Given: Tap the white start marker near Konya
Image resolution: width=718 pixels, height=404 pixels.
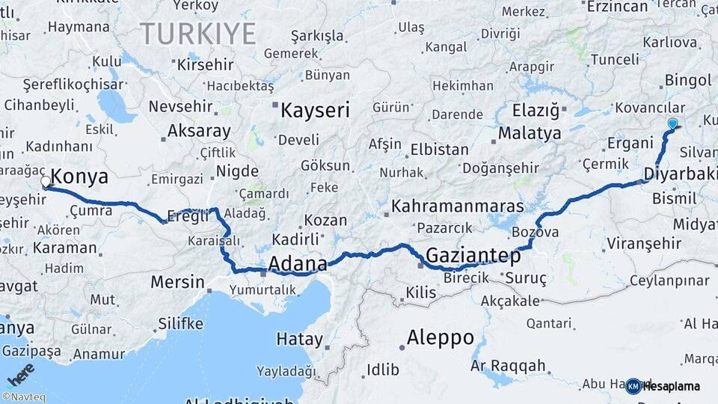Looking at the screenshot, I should pyautogui.click(x=46, y=181).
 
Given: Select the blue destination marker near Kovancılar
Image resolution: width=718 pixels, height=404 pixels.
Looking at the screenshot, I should pyautogui.click(x=672, y=123).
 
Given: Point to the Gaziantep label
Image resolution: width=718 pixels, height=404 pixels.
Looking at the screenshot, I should pyautogui.click(x=473, y=256).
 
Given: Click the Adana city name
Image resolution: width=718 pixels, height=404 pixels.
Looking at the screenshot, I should pyautogui.click(x=297, y=263).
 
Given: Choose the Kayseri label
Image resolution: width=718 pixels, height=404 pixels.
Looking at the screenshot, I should pyautogui.click(x=315, y=111).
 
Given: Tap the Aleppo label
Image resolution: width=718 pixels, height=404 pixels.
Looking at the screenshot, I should pyautogui.click(x=440, y=337).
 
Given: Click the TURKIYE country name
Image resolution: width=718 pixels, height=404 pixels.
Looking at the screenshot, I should pyautogui.click(x=197, y=34).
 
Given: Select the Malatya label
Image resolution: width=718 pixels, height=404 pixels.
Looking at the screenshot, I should pyautogui.click(x=530, y=134).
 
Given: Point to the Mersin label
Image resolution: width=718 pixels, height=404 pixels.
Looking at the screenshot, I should pyautogui.click(x=177, y=282).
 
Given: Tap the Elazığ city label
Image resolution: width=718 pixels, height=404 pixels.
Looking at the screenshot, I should pyautogui.click(x=536, y=111).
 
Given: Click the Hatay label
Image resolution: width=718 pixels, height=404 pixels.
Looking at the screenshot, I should pyautogui.click(x=299, y=339).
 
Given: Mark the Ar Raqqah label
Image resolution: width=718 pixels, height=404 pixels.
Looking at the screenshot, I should pyautogui.click(x=508, y=366).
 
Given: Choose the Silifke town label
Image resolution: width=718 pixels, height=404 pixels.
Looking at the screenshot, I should pyautogui.click(x=180, y=323).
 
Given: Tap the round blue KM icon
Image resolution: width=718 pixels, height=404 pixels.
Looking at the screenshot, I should pyautogui.click(x=633, y=386).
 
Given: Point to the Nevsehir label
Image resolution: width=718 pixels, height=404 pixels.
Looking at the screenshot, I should pyautogui.click(x=176, y=106).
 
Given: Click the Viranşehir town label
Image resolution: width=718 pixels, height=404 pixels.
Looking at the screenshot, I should pyautogui.click(x=644, y=243).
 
